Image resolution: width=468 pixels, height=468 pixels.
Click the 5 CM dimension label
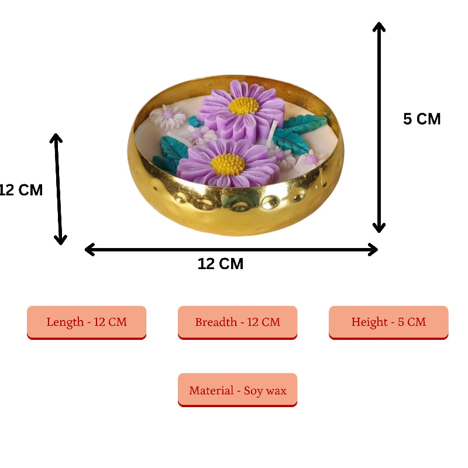click(422, 119)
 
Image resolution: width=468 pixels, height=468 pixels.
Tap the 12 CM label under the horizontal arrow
click(221, 264)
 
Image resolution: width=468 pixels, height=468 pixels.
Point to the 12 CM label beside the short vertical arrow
click(21, 190)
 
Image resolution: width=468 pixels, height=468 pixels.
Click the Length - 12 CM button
click(87, 322)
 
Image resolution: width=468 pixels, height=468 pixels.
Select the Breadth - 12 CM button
click(238, 322)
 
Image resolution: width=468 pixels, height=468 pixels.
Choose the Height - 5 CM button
click(388, 322)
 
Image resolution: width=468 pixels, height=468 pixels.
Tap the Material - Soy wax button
click(238, 390)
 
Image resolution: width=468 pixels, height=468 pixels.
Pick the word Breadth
click(216, 322)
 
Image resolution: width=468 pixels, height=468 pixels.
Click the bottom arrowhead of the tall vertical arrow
click(379, 228)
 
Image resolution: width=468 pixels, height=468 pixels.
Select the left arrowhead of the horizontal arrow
click(90, 250)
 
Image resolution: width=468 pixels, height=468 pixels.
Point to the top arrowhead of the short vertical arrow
click(56, 138)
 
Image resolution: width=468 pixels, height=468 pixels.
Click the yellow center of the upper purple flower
click(243, 105)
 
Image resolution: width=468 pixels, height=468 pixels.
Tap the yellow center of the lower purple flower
click(227, 164)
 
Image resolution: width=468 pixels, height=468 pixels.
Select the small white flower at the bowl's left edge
click(167, 116)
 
